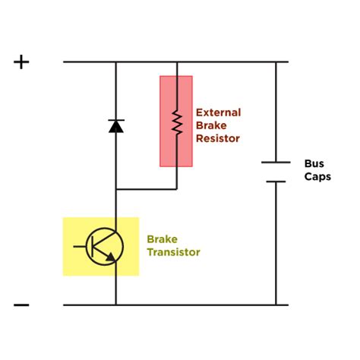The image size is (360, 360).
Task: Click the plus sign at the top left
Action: (21, 62)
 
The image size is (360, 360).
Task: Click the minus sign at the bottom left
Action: (21, 305)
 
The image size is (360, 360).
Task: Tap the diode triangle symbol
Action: (115, 127)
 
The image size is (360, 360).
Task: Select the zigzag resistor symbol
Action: (176, 121)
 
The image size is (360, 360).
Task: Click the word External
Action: (218, 112)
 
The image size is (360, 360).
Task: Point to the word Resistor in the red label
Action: (217, 138)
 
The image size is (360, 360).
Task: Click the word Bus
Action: (314, 163)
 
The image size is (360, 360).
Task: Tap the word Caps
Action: (317, 176)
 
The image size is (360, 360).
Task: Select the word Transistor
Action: (174, 251)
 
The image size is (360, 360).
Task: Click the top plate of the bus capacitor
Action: (276, 162)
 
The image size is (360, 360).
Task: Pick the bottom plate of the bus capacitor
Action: (276, 181)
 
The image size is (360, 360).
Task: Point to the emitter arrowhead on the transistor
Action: (112, 258)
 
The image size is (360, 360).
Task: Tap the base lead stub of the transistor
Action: (80, 246)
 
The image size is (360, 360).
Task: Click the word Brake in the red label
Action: (210, 125)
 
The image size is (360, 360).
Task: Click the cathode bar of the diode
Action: (115, 120)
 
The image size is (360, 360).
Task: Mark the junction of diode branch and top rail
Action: (115, 62)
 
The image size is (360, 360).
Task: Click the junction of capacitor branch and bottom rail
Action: (276, 305)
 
